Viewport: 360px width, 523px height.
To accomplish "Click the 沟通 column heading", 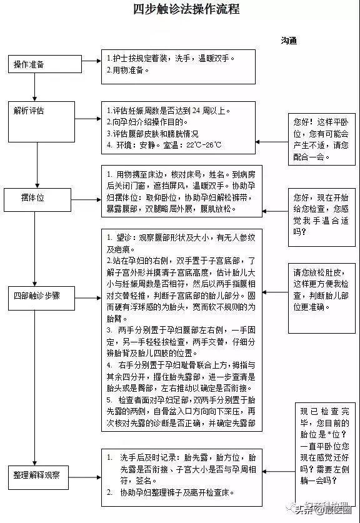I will (288, 41).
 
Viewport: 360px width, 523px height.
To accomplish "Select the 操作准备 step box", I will (34, 64).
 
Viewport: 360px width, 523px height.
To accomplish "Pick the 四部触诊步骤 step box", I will (35, 295).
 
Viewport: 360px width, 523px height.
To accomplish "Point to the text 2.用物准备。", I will (128, 70).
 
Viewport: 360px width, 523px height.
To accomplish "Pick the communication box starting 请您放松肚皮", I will (321, 294).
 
